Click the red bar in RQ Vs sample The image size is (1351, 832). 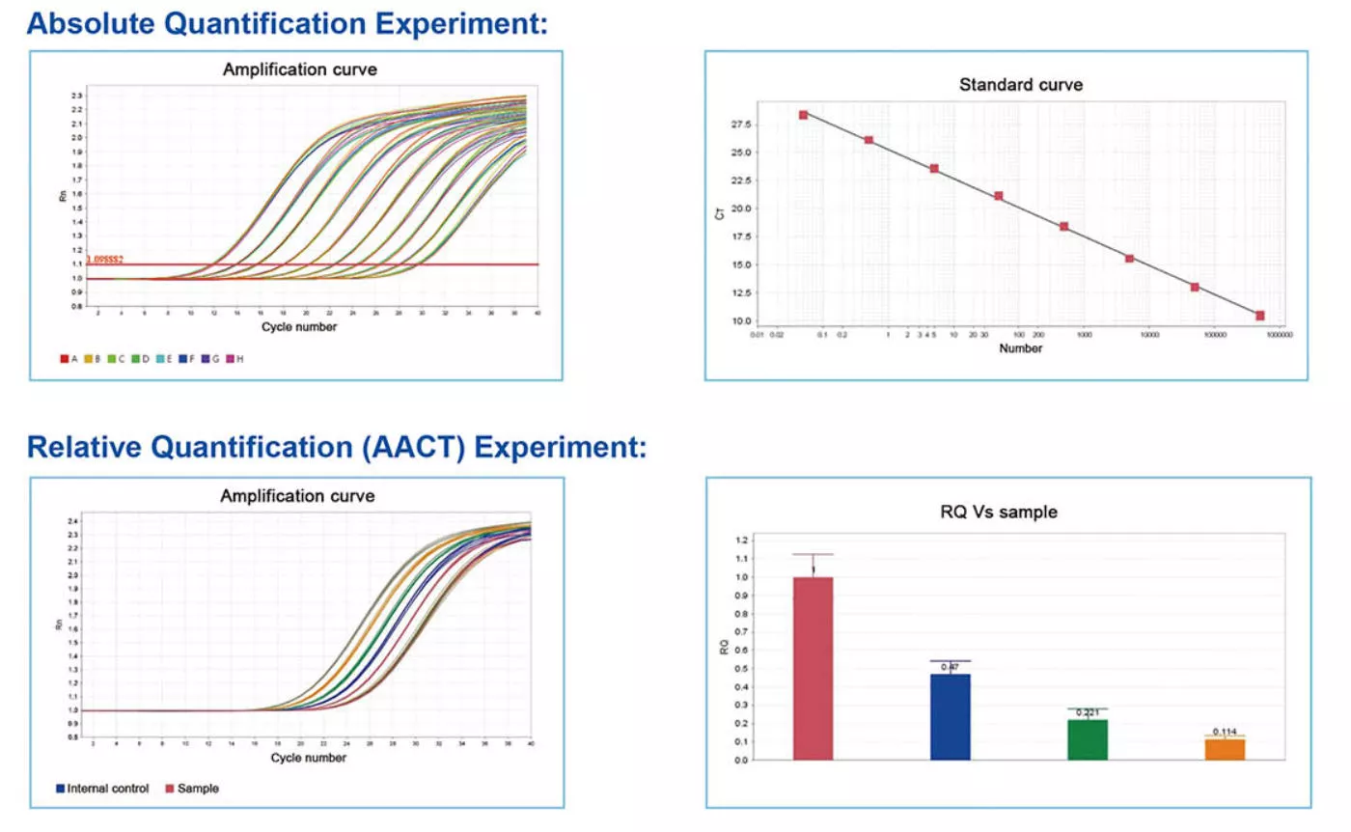coord(813,668)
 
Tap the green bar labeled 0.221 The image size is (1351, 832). coord(1088,739)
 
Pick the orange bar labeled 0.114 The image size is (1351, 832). coord(1225,749)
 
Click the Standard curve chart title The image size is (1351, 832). coord(1020,85)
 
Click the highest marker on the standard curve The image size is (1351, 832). coord(803,115)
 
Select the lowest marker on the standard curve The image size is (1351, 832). coord(1259,316)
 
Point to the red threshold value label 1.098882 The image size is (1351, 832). coord(105,260)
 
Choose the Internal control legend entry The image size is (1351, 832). coord(102,789)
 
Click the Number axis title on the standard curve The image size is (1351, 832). coord(1020,348)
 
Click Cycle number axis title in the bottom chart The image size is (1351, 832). coord(308,758)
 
